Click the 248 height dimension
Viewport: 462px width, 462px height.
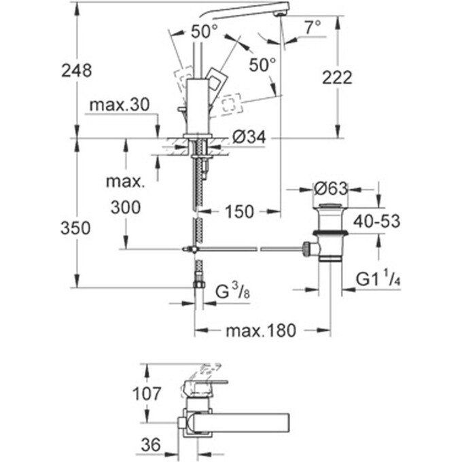[75, 70]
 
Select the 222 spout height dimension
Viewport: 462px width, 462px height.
[337, 77]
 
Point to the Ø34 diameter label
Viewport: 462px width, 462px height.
[247, 137]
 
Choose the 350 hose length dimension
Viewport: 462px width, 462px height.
[75, 228]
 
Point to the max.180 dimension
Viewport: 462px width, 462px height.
[261, 331]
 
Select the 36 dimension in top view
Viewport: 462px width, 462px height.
[151, 445]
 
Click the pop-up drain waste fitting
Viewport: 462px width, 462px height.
[331, 231]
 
